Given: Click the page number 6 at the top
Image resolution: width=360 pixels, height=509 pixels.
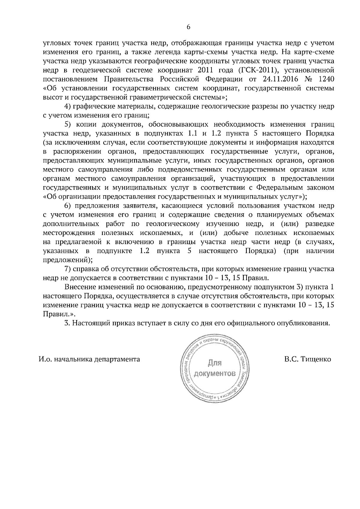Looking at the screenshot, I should (x=188, y=27).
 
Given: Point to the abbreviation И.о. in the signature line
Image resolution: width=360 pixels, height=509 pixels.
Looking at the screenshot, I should (x=45, y=359).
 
